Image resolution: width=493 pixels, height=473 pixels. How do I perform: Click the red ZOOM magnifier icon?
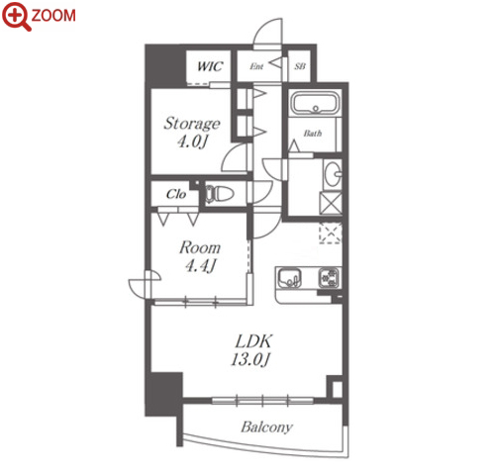pyautogui.click(x=17, y=16)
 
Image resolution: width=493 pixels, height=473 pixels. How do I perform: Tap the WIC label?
pyautogui.click(x=210, y=66)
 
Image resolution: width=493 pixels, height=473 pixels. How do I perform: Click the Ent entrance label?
pyautogui.click(x=256, y=66)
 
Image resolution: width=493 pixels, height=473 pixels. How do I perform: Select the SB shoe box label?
pyautogui.click(x=300, y=66)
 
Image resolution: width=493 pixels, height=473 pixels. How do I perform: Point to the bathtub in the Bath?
pyautogui.click(x=315, y=103)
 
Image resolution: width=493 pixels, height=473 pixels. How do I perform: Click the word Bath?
pyautogui.click(x=313, y=134)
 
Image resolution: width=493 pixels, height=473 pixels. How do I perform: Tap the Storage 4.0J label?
pyautogui.click(x=192, y=133)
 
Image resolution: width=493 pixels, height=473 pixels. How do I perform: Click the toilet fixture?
pyautogui.click(x=220, y=194)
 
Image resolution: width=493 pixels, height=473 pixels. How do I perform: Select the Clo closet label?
pyautogui.click(x=176, y=194)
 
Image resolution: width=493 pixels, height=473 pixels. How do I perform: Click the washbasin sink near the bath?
pyautogui.click(x=333, y=174)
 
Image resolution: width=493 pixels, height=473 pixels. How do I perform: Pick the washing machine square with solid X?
pyautogui.click(x=331, y=203)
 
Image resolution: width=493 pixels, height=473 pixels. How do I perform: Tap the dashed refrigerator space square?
pyautogui.click(x=331, y=234)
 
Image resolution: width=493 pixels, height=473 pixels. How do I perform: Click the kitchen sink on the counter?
pyautogui.click(x=289, y=279)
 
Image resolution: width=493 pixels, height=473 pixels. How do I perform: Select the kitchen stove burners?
pyautogui.click(x=329, y=278)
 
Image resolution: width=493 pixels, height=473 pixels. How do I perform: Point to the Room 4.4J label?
pyautogui.click(x=200, y=256)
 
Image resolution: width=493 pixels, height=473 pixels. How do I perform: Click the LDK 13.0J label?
pyautogui.click(x=252, y=350)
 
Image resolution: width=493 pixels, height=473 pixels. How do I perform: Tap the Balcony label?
pyautogui.click(x=266, y=427)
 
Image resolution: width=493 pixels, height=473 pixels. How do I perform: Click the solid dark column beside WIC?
pyautogui.click(x=165, y=65)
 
